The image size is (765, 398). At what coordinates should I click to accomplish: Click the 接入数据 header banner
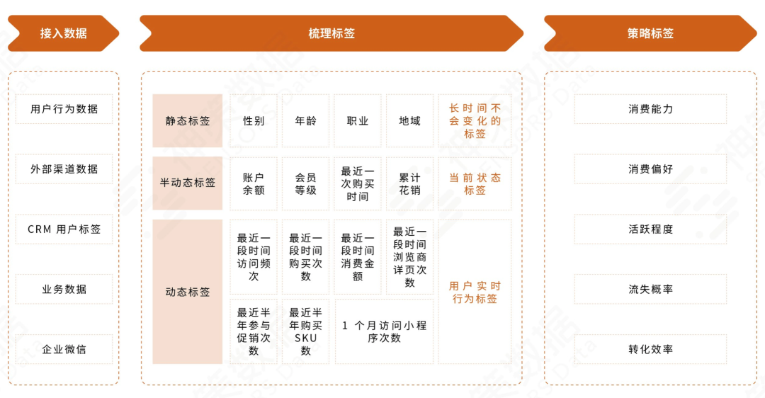point(64,33)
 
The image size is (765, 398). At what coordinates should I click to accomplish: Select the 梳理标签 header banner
point(331,33)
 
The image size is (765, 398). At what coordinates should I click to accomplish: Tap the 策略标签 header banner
point(650,33)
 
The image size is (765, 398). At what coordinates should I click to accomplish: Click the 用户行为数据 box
point(64,109)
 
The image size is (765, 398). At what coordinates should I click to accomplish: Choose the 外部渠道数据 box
point(64,169)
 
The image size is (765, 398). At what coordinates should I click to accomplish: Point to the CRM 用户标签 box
point(64,229)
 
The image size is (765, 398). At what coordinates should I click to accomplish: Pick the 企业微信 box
point(64,349)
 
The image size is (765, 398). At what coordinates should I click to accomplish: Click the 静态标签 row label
point(188,121)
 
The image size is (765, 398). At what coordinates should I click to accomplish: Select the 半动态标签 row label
point(188,183)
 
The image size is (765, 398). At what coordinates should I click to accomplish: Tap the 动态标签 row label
point(188,292)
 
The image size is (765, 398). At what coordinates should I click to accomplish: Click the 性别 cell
point(254,121)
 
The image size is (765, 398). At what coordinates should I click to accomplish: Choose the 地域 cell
point(409,121)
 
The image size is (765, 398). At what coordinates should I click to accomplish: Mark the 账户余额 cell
point(254,183)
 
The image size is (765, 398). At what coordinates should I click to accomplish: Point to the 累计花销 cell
point(409,183)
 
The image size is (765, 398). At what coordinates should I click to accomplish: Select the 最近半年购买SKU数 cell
point(305,331)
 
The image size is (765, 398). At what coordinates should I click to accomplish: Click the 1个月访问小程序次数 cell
point(384,331)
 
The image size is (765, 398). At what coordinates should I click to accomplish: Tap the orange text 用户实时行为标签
point(475,292)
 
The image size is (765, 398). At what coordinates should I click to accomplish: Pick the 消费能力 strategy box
point(650,109)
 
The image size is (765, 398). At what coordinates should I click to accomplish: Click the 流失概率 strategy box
point(650,289)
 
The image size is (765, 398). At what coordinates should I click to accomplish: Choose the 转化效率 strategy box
point(650,349)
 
